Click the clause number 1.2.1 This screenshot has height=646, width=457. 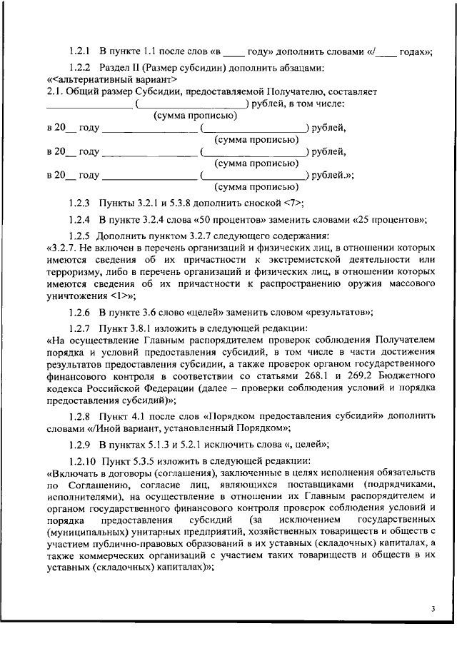(x=79, y=51)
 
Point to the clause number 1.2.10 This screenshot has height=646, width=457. (x=82, y=461)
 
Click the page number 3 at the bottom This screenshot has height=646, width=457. (x=433, y=609)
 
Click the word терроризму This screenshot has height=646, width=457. (x=76, y=271)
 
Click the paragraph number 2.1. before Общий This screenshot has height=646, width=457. (x=55, y=92)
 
